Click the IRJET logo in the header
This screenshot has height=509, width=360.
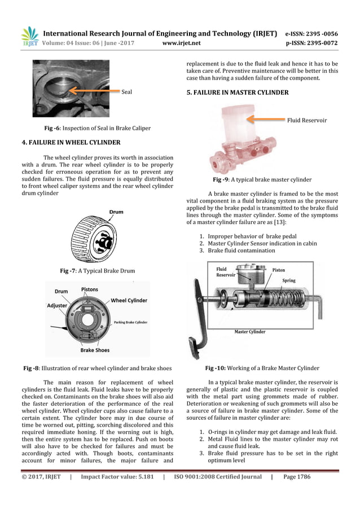(29, 36)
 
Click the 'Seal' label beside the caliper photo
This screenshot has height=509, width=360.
(127, 92)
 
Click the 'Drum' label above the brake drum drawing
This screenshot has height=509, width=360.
(116, 212)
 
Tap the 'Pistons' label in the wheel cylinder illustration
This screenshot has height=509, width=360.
(89, 289)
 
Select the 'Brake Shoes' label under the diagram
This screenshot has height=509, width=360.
(95, 350)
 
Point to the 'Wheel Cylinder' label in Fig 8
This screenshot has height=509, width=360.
(129, 301)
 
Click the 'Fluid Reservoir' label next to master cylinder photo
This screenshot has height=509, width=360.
(306, 120)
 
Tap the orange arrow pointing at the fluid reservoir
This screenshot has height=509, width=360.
(265, 119)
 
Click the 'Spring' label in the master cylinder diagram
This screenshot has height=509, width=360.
(288, 280)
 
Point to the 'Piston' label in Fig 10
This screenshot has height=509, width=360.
(279, 270)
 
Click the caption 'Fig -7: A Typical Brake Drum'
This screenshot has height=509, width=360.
(97, 271)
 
